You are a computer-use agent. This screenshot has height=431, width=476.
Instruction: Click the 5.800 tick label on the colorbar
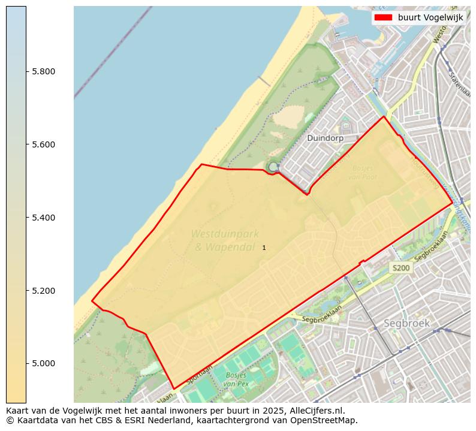[x=43, y=71]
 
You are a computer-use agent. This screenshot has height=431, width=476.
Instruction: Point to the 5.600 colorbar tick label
[x=43, y=144]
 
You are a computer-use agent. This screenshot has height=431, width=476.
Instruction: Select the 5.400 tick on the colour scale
[x=43, y=217]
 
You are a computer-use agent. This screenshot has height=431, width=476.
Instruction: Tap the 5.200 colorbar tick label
[x=43, y=290]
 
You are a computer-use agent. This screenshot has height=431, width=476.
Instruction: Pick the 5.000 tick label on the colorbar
[x=43, y=363]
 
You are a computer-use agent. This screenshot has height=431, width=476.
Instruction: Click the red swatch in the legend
[x=383, y=17]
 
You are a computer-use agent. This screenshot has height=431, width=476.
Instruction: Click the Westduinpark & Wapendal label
[x=221, y=239]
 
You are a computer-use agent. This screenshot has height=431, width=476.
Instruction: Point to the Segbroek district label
[x=407, y=323]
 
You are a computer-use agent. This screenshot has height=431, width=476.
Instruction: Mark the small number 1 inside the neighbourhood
[x=264, y=248]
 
